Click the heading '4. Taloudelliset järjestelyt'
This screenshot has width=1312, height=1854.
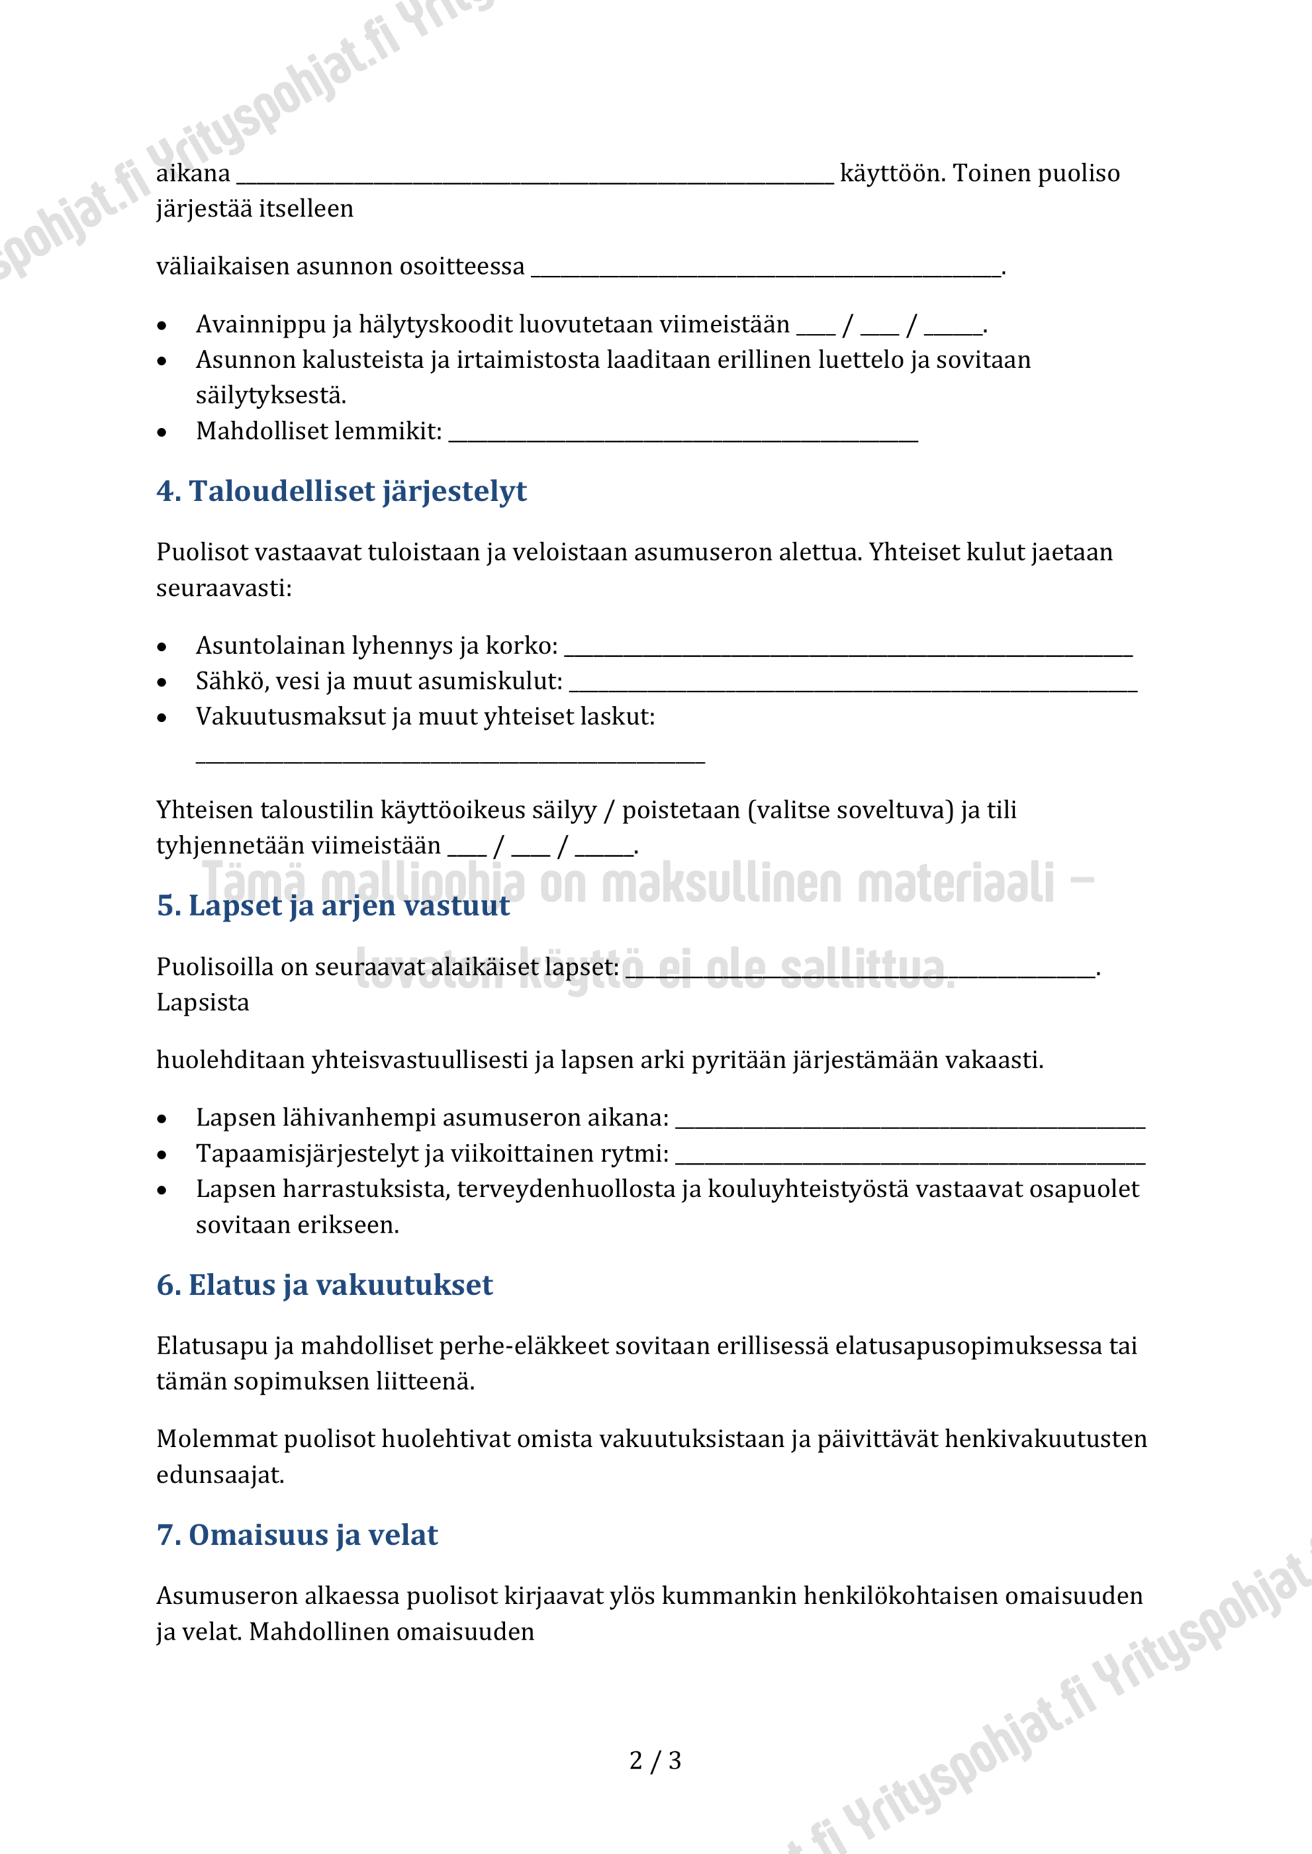(341, 491)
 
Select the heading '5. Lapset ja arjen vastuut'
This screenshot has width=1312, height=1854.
(333, 905)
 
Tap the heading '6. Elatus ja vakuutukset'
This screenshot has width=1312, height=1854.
(324, 1285)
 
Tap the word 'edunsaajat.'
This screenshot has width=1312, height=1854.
(220, 1475)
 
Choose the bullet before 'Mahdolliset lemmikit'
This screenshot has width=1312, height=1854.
(162, 433)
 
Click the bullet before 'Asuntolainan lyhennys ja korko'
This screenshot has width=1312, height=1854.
(162, 647)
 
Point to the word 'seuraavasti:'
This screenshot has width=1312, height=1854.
(224, 588)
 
